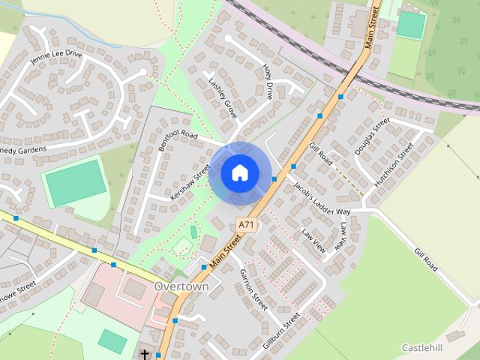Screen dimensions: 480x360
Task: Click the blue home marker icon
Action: (239, 173)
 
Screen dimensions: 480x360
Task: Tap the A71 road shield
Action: (245, 224)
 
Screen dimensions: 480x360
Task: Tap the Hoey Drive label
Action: (268, 82)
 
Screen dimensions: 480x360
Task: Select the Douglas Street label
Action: (372, 136)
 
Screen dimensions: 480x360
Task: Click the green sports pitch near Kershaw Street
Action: (75, 182)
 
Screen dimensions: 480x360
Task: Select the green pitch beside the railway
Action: (410, 25)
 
